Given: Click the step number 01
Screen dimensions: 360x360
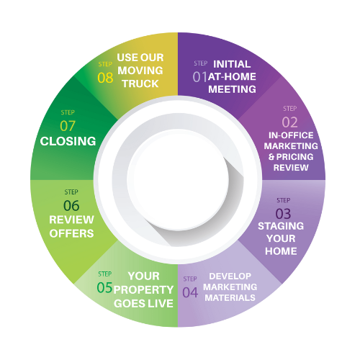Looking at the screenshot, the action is tap(199, 77).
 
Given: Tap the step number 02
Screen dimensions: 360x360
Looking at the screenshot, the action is tap(289, 122).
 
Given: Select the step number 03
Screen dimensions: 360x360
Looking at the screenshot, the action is tap(283, 214).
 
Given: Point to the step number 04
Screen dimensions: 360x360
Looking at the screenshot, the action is tap(190, 292).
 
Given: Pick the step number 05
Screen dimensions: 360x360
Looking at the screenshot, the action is tap(104, 287).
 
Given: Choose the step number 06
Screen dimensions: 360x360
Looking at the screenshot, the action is tap(71, 206).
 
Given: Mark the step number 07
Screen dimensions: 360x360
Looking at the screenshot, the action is tap(68, 126).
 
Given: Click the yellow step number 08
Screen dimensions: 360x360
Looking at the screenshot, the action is tap(105, 78).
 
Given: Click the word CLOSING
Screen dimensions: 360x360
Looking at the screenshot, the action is tap(68, 141).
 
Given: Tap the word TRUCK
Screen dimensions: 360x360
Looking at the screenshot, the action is tap(140, 84).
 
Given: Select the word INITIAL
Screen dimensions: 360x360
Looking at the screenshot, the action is tap(232, 64).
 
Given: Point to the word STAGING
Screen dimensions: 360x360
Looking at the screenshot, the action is tap(281, 226).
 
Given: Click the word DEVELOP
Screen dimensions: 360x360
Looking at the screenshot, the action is tap(230, 276).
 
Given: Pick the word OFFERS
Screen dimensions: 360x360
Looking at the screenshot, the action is tap(71, 233).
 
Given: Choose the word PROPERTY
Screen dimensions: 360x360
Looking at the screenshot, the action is tap(143, 290).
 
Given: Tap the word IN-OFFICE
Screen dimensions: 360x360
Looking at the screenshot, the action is tap(291, 135).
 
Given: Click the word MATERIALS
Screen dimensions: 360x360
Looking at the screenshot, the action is tap(230, 298).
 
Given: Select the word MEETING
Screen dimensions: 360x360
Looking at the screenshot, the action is tap(232, 89).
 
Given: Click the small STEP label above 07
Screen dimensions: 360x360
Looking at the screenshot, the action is tap(68, 112).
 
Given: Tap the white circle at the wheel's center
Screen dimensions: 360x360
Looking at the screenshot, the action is tap(178, 180).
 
